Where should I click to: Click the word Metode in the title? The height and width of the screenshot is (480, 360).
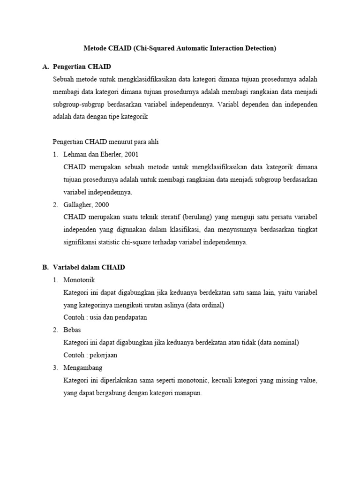click(x=94, y=48)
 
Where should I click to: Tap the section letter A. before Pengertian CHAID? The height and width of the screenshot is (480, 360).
click(x=45, y=67)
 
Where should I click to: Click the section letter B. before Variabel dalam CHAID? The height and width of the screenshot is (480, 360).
click(x=45, y=268)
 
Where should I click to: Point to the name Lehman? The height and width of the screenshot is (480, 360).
click(x=75, y=154)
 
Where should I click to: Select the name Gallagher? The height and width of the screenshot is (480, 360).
click(x=77, y=204)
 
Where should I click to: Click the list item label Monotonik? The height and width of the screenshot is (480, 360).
click(x=79, y=280)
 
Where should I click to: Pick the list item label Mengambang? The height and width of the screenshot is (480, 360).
click(x=82, y=368)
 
